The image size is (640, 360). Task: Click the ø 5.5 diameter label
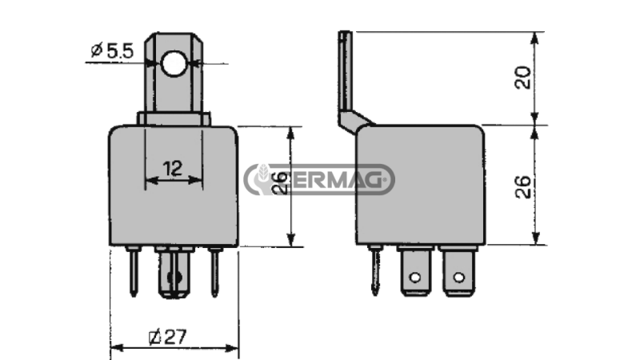point(112,52)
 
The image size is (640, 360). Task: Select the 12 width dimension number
point(172,168)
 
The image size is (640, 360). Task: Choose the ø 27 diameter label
point(168,337)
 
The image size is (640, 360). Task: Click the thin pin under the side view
point(376,270)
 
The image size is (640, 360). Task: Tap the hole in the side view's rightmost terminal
point(458,278)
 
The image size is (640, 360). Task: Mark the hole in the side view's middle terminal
point(414,278)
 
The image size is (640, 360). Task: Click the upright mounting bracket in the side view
point(344,72)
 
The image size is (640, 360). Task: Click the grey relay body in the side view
point(420,184)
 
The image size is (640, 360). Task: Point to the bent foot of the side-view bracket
point(354,121)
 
